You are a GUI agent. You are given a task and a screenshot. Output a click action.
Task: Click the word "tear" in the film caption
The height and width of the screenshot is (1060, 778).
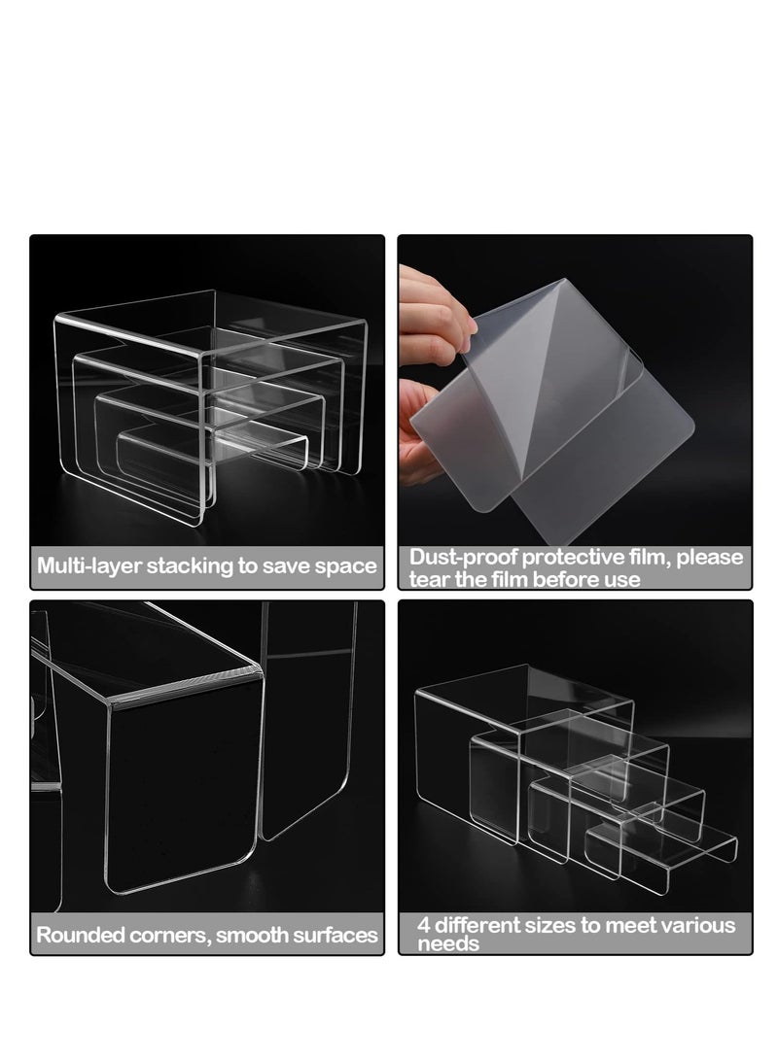point(428,579)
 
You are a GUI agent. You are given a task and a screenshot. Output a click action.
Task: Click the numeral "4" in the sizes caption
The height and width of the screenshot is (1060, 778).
point(424,925)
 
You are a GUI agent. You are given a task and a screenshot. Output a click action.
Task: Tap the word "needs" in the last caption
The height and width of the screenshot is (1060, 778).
point(448,944)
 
